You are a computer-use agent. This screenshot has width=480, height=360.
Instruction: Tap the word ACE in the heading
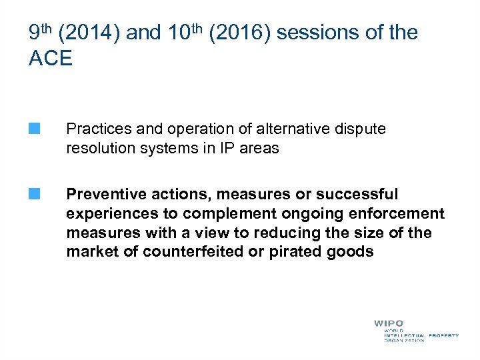(x=51, y=58)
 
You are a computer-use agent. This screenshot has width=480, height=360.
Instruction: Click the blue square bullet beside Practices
(x=34, y=129)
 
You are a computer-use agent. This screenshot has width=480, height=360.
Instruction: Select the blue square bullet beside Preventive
(x=34, y=194)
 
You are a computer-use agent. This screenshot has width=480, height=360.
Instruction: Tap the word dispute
(x=360, y=129)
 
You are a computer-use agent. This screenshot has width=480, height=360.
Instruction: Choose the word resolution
(x=99, y=148)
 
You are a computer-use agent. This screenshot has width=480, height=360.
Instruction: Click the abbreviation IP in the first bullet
(x=227, y=148)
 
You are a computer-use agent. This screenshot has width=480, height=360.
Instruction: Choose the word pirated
(x=295, y=251)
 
